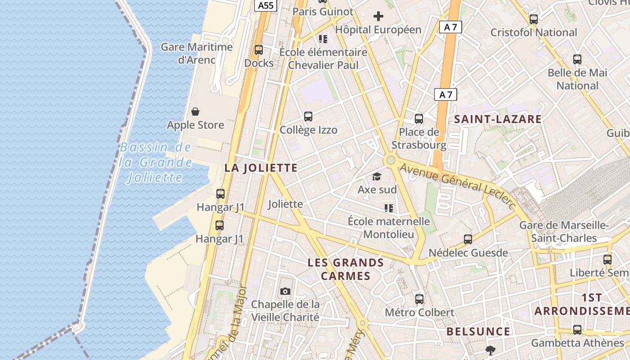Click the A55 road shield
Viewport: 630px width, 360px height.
click(265, 5)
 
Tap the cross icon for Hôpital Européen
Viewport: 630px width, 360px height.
click(378, 17)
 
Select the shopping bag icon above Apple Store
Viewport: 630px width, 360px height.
click(195, 111)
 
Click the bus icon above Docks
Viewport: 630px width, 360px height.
click(259, 50)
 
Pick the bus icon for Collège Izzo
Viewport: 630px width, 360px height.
click(308, 117)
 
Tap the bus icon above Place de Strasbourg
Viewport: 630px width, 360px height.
click(419, 119)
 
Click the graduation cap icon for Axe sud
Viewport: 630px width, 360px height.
click(377, 177)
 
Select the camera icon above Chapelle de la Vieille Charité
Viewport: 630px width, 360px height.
click(285, 291)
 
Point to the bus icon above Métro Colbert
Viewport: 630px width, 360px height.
click(419, 299)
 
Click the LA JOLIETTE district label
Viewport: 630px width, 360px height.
click(261, 168)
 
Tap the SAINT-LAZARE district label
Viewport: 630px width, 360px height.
click(498, 119)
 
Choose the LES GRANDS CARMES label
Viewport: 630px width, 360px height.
click(346, 269)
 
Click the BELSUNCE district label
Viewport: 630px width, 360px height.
click(478, 332)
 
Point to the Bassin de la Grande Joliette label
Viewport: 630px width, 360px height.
click(156, 162)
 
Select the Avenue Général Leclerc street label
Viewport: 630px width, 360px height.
click(458, 185)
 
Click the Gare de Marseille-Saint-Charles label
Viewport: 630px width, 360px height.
click(564, 231)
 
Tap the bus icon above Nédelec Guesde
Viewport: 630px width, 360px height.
click(468, 239)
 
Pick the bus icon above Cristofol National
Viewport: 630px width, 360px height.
click(534, 19)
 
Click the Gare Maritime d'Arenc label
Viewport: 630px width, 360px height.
click(197, 53)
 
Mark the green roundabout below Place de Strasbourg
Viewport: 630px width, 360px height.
click(390, 160)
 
